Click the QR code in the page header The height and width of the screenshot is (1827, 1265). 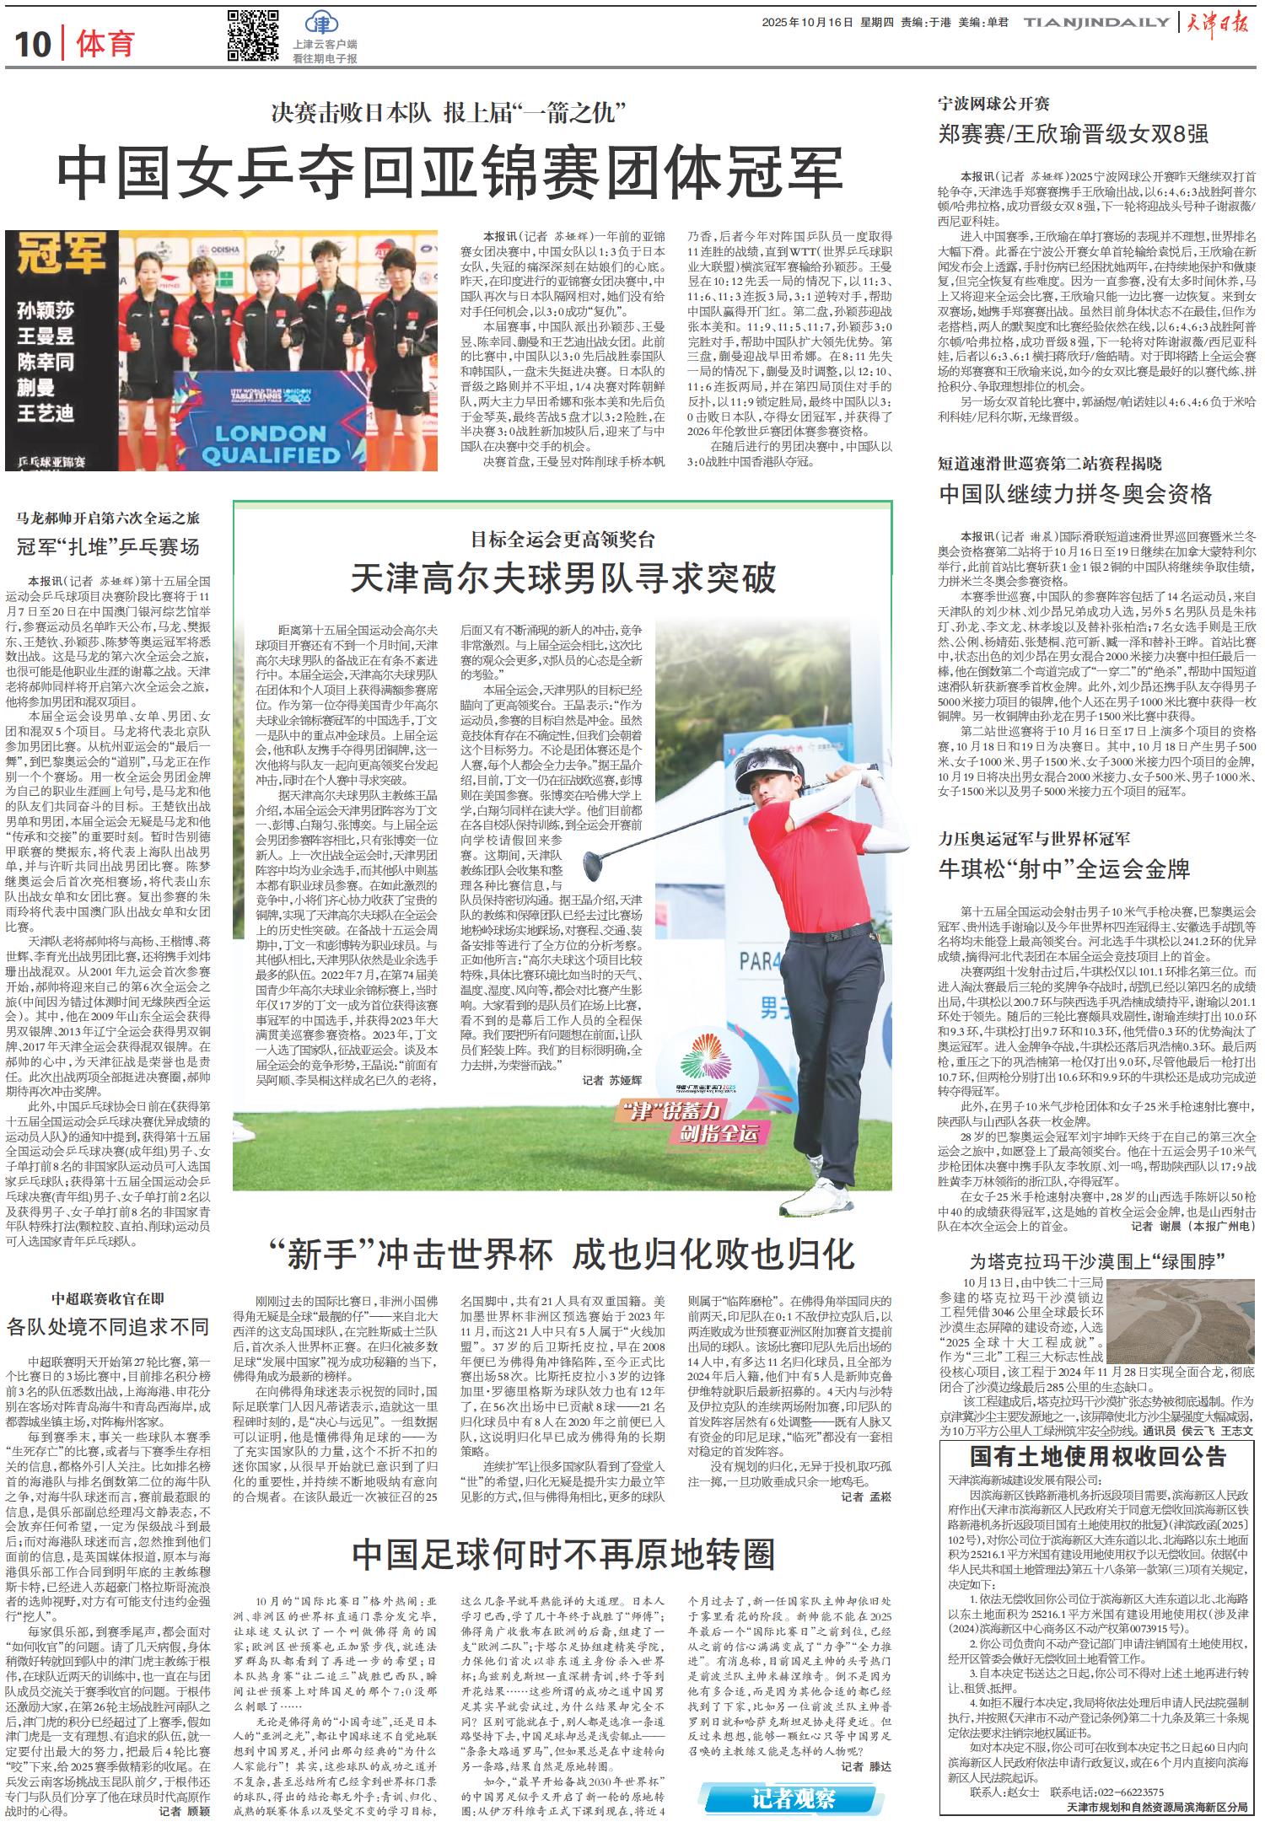point(253,36)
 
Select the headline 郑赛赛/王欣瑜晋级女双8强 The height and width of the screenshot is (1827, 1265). point(1074,133)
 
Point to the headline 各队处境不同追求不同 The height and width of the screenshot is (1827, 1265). point(107,1326)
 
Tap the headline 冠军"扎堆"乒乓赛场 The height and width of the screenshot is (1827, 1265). point(107,547)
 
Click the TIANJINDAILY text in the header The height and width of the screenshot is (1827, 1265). point(1096,24)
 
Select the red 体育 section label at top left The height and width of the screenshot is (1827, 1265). point(105,44)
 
